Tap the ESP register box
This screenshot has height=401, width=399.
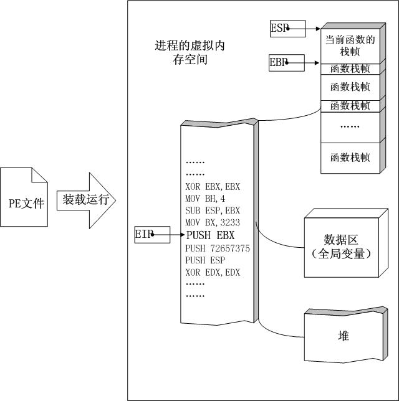click(287, 28)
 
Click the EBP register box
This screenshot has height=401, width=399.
click(287, 62)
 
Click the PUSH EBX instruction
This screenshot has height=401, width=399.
click(209, 235)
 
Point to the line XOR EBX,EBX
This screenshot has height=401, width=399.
click(213, 186)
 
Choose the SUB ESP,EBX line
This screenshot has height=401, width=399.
click(213, 210)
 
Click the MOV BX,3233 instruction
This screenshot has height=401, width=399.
click(213, 223)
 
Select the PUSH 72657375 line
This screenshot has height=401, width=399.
click(217, 248)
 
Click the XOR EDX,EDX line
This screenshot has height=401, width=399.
click(213, 273)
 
